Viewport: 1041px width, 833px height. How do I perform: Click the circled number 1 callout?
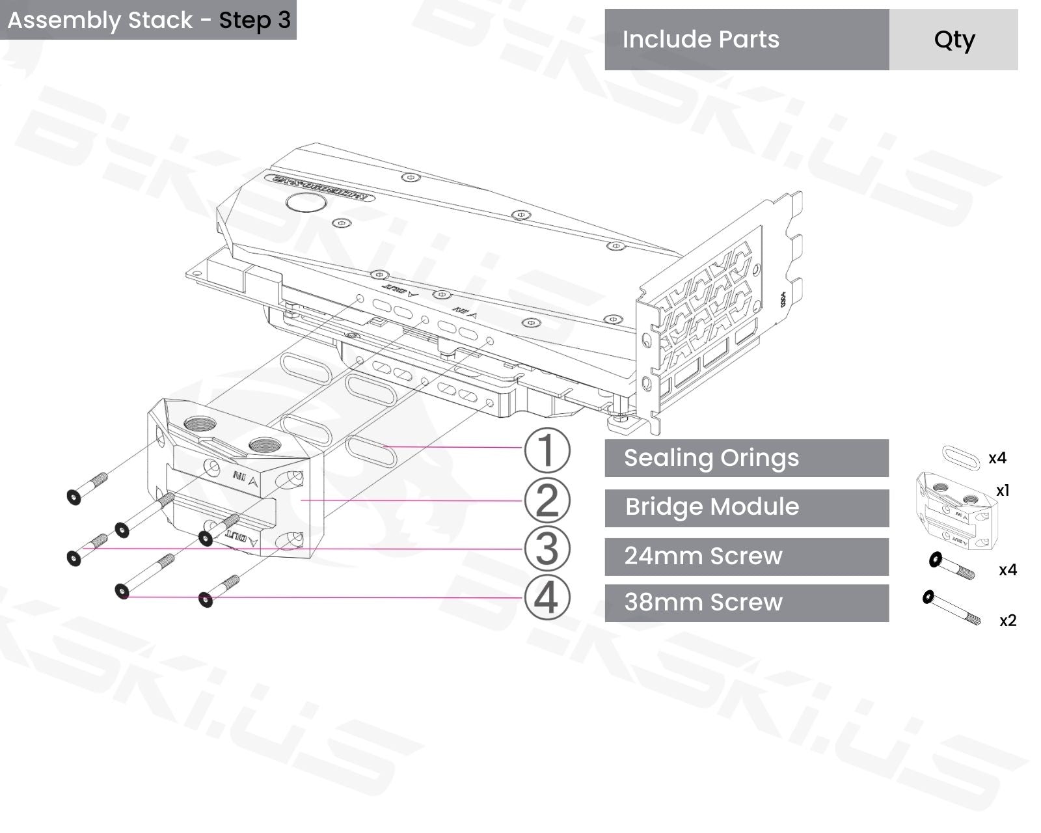(x=547, y=450)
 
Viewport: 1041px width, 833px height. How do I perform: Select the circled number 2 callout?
(x=547, y=500)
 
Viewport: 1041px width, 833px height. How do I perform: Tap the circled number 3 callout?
(x=547, y=549)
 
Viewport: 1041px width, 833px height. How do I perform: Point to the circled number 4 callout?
(x=547, y=597)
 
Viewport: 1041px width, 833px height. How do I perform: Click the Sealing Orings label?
(x=711, y=458)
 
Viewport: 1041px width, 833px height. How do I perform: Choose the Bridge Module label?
(x=712, y=507)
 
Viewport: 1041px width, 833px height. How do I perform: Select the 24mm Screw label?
(x=703, y=556)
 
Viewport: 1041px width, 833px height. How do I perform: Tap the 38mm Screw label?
(x=703, y=603)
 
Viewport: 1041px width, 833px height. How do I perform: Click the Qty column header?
(x=954, y=40)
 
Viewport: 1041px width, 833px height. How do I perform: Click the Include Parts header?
(x=701, y=40)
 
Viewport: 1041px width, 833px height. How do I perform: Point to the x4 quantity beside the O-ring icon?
(x=997, y=458)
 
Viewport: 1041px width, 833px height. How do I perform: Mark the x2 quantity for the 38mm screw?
(x=1007, y=621)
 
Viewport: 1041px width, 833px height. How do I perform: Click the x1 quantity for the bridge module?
(x=1003, y=491)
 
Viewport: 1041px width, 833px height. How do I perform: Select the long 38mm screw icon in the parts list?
(x=951, y=607)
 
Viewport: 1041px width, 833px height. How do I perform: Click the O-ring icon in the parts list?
(x=961, y=458)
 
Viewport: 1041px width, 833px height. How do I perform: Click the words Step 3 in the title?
(x=254, y=20)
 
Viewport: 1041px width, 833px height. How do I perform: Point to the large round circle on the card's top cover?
(x=306, y=202)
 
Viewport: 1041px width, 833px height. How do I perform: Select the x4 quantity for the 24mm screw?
(x=1007, y=570)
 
